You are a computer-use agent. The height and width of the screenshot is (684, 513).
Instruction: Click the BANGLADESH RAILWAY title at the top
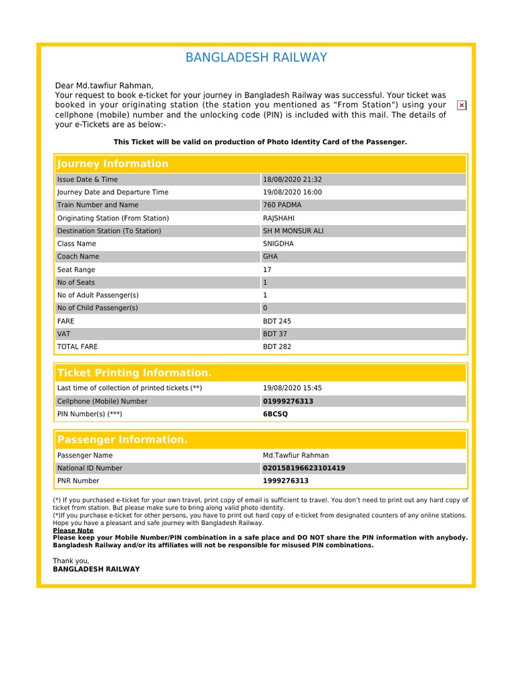click(x=256, y=57)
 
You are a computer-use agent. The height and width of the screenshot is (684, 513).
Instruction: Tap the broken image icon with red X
click(x=462, y=106)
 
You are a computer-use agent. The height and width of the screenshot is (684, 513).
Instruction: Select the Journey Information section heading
click(x=113, y=164)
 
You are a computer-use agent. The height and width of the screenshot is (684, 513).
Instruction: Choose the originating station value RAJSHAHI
click(x=279, y=218)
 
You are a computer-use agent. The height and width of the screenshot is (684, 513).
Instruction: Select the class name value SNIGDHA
click(x=278, y=244)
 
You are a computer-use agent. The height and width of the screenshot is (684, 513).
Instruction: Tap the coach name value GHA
click(x=271, y=256)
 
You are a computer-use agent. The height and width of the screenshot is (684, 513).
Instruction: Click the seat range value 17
click(x=267, y=270)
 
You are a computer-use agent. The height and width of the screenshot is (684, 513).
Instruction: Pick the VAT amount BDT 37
click(x=275, y=334)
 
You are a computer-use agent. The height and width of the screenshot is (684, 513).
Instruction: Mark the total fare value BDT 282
click(x=277, y=347)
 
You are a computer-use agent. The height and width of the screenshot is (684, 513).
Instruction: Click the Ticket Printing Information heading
click(x=134, y=373)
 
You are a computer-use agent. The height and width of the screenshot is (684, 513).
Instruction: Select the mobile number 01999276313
click(x=288, y=401)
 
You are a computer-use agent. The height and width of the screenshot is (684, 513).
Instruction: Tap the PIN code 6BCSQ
click(x=275, y=414)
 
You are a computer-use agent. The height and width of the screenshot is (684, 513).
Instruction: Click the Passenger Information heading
click(x=122, y=440)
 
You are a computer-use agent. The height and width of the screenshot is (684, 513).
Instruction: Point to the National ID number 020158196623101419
click(x=304, y=468)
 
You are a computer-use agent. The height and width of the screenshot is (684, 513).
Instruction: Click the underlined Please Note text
click(x=73, y=530)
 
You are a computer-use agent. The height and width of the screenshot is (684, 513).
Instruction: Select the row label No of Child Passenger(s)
click(x=98, y=308)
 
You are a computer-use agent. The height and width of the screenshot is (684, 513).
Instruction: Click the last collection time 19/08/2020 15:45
click(x=292, y=388)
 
